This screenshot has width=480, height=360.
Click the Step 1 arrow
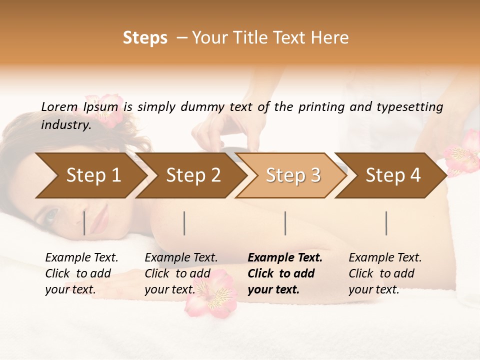[x=92, y=175]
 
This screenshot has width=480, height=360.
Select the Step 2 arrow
[x=193, y=175]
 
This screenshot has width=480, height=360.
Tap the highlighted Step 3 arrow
[x=293, y=175]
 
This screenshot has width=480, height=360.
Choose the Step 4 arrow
[x=393, y=175]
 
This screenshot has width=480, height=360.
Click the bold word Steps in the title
[x=145, y=38]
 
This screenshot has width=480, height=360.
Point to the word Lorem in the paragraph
[x=59, y=106]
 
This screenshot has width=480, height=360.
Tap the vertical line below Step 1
[x=84, y=223]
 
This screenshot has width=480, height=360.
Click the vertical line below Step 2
[x=184, y=223]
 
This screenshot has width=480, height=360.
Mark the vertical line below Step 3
[x=285, y=223]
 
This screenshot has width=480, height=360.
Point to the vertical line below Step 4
[x=386, y=223]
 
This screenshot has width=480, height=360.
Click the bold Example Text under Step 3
[x=285, y=257]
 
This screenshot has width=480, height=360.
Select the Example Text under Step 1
[x=81, y=257]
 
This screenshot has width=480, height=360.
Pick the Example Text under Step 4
[x=385, y=257]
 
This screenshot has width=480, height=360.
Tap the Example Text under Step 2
[x=181, y=257]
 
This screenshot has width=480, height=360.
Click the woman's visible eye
[x=50, y=215]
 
